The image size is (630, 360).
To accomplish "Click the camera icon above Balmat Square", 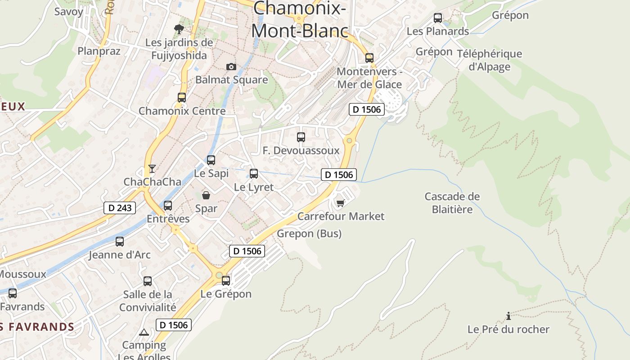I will click(x=231, y=67).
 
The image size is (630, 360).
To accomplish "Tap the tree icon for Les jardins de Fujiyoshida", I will click(x=179, y=30).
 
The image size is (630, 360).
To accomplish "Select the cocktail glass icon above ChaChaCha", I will click(x=152, y=169).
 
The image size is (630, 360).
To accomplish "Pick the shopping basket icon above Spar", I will click(x=206, y=195).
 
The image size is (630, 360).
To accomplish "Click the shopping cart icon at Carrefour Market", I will click(x=341, y=203).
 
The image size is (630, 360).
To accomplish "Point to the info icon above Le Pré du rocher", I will click(x=508, y=316).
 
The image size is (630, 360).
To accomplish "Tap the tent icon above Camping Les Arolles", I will click(x=144, y=333).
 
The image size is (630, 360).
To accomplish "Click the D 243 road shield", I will click(x=120, y=207).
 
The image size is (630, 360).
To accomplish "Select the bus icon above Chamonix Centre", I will click(x=182, y=97).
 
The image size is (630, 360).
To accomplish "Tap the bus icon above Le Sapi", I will click(x=211, y=160).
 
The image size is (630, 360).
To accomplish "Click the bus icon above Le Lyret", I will click(x=254, y=173).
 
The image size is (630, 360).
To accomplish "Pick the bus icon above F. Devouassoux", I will click(x=301, y=137).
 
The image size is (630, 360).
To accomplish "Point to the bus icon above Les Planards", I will click(x=438, y=18).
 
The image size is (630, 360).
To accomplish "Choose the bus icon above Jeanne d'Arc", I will click(x=120, y=241).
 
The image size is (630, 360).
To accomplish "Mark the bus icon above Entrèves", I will click(x=168, y=205).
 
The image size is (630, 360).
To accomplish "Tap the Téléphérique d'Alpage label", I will click(x=490, y=60).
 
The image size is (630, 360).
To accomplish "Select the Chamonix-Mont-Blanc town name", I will click(x=300, y=19).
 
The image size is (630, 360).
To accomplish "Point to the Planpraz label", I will click(x=99, y=51).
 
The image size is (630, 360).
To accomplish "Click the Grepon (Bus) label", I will click(x=309, y=234).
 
